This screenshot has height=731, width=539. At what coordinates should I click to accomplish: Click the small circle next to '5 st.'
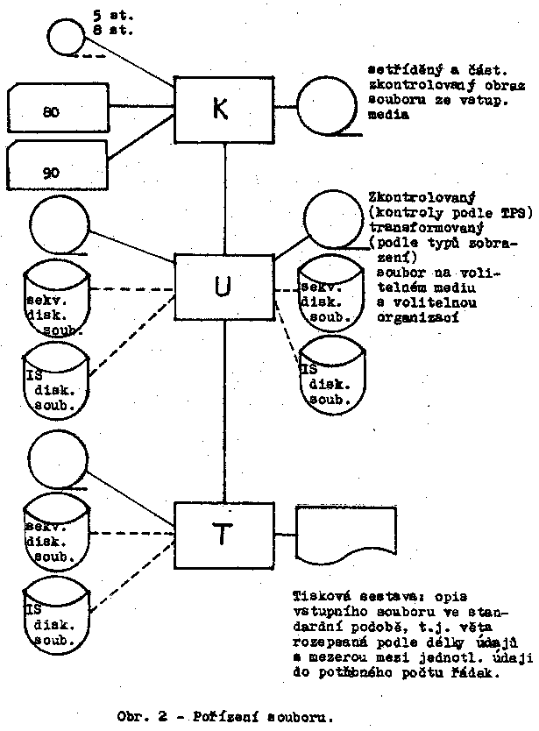pyautogui.click(x=63, y=38)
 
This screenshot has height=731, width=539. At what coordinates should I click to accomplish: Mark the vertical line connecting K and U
pyautogui.click(x=227, y=198)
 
